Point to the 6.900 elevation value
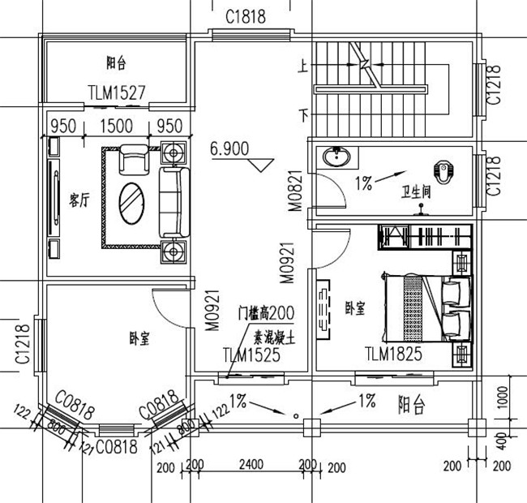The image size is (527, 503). pos(229,148)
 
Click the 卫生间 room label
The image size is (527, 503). pos(416,193)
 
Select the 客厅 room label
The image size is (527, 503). pos(79,200)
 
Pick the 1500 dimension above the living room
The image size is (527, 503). pos(115,126)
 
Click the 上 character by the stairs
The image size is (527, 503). pos(303,69)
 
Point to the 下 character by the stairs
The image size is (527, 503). pos(303,114)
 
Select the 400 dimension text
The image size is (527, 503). pos(503,441)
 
